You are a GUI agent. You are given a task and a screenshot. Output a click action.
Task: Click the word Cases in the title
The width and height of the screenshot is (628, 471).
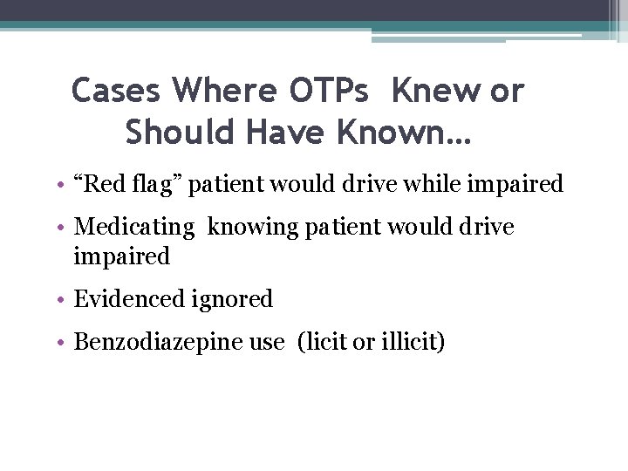(x=117, y=90)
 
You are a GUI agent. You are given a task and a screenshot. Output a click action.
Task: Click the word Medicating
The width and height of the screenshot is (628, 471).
(x=134, y=229)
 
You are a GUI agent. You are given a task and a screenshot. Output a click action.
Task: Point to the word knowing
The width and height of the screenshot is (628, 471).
(x=245, y=229)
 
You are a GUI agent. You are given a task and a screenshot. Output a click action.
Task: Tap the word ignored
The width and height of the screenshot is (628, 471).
(x=232, y=300)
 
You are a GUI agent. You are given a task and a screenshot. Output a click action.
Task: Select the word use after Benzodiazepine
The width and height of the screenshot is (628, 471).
(x=267, y=343)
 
